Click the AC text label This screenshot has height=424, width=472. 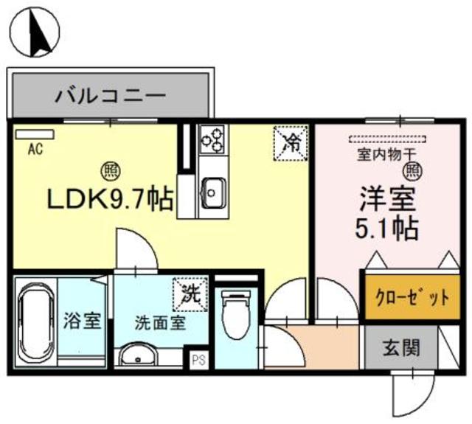(33, 148)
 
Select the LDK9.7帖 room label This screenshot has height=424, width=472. (111, 198)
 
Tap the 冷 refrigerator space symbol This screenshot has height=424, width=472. (291, 141)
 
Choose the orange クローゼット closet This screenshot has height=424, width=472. (405, 297)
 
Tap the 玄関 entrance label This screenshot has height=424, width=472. (401, 347)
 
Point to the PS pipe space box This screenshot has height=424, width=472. (197, 361)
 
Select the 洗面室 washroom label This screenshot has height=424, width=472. (159, 323)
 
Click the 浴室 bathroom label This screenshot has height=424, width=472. (81, 323)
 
